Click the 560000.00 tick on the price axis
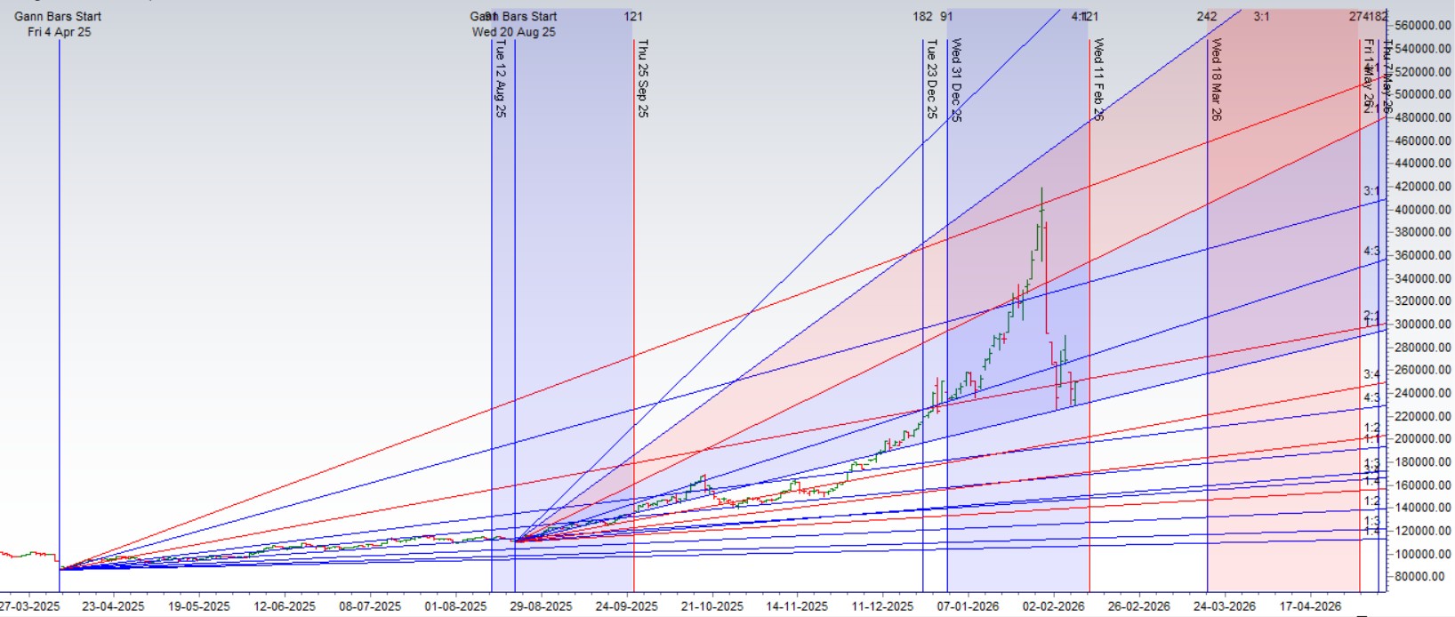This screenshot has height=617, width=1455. [1422, 26]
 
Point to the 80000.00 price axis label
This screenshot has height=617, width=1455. [1422, 576]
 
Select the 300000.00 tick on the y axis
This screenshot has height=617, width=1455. [1422, 325]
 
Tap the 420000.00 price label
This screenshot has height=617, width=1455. [1422, 187]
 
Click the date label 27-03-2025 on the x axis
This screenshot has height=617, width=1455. [29, 606]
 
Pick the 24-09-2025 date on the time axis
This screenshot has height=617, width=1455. [626, 606]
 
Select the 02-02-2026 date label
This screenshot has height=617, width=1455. [1053, 606]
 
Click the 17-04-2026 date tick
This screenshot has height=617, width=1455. [1310, 606]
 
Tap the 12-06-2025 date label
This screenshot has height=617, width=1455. [285, 606]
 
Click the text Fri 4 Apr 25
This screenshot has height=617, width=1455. [59, 32]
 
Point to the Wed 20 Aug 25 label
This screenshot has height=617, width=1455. [513, 32]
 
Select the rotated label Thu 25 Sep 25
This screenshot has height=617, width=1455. [642, 78]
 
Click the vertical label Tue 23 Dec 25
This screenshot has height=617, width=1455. [931, 78]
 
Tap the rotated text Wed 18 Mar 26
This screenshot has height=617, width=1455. [1216, 80]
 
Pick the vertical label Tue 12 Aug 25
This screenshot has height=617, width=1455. [500, 78]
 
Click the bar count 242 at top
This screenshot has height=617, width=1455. [1206, 16]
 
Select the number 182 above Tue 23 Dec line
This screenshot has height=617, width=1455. [922, 16]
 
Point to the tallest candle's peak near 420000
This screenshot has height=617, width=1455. [1041, 188]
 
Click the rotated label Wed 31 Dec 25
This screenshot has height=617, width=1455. [956, 80]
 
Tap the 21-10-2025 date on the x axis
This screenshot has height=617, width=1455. [711, 606]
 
